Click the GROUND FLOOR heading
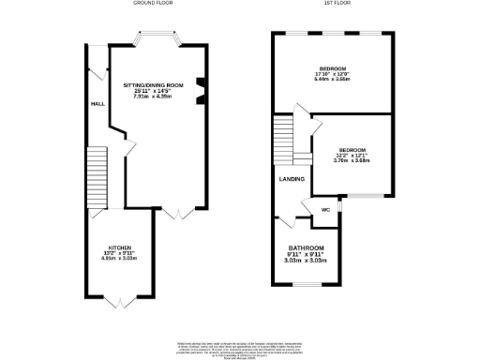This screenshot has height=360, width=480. tap(156, 4)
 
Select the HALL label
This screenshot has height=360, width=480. tap(97, 104)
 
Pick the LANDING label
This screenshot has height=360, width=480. tap(290, 178)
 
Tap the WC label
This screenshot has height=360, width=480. tap(325, 210)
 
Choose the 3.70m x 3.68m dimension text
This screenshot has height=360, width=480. tap(352, 161)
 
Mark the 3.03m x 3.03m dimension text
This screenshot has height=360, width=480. tap(305, 260)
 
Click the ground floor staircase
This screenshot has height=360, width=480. tap(97, 178)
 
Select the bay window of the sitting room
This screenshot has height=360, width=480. tap(156, 39)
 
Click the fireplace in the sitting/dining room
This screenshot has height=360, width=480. tap(200, 90)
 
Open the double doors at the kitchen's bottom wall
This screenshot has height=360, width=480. tap(118, 300)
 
